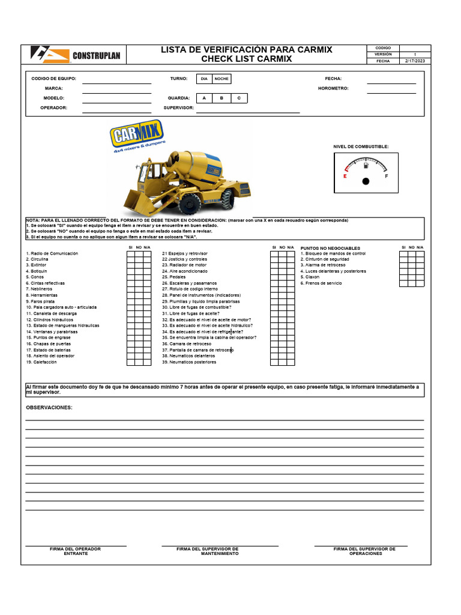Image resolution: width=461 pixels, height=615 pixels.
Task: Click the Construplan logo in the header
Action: (x=76, y=55)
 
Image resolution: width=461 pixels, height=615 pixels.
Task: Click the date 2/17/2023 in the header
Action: (x=415, y=61)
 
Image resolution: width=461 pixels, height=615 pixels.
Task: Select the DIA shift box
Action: (x=204, y=79)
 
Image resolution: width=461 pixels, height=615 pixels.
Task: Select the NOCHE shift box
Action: (x=221, y=79)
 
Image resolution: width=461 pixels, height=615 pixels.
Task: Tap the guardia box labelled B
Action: (x=221, y=98)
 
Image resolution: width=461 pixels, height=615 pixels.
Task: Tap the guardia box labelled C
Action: (x=239, y=98)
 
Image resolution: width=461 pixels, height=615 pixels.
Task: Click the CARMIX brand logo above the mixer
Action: (x=137, y=137)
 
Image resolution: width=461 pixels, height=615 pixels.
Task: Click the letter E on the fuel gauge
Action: (x=345, y=177)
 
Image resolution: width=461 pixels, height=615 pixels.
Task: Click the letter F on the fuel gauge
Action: (x=386, y=177)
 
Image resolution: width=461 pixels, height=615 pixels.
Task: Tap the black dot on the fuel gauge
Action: (x=366, y=181)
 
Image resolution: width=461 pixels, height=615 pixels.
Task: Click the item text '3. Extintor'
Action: (x=36, y=265)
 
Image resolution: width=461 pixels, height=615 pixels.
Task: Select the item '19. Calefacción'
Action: (x=41, y=362)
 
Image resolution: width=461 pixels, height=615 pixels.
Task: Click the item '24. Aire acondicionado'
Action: (x=184, y=271)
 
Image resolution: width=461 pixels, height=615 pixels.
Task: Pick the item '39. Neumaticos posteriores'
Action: (x=189, y=362)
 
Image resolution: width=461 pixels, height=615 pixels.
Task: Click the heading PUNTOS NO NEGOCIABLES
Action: (x=330, y=247)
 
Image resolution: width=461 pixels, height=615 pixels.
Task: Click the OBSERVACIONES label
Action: (x=49, y=408)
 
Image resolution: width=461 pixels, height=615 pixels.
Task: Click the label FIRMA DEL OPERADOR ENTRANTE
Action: (x=75, y=551)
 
